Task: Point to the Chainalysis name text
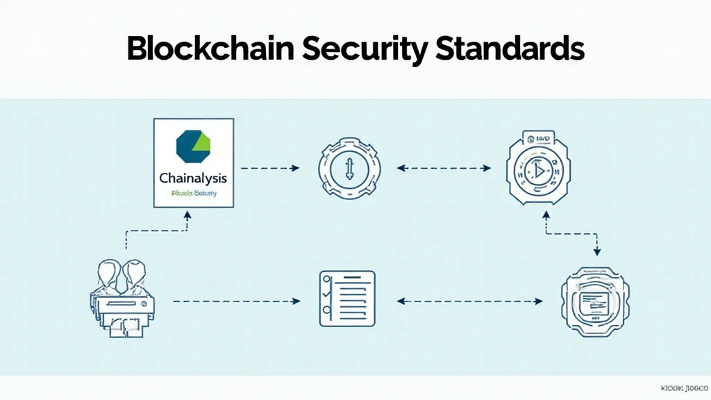(193, 178)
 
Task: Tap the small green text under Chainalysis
(193, 193)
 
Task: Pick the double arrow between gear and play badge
(444, 168)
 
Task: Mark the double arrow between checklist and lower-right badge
(470, 301)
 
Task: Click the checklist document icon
(346, 299)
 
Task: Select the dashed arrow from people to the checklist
(236, 301)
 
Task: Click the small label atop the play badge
(540, 140)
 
